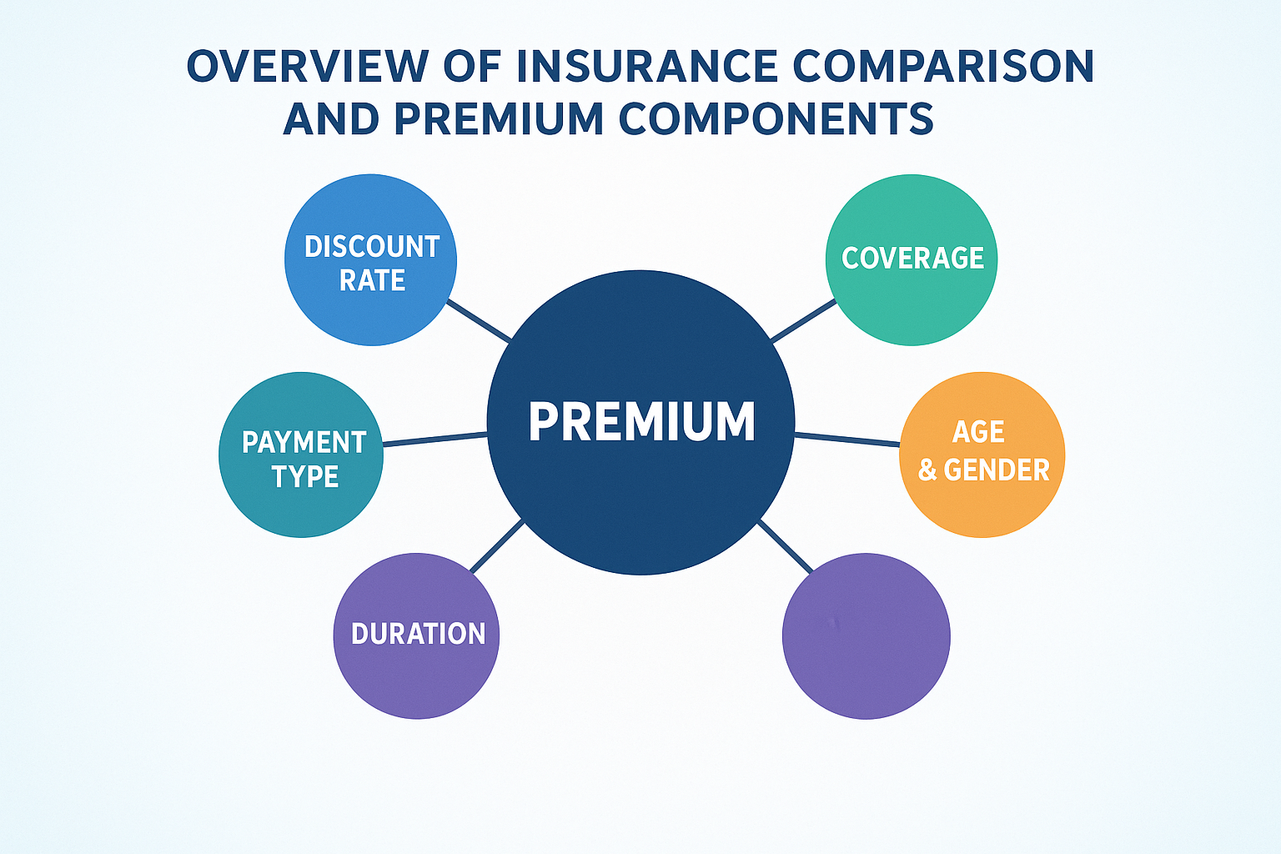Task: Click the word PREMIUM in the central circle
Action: pyautogui.click(x=641, y=421)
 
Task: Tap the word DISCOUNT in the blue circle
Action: pyautogui.click(x=372, y=247)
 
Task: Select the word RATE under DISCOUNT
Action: pyautogui.click(x=372, y=280)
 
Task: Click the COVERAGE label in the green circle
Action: pyautogui.click(x=912, y=258)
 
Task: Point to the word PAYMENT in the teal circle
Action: pyautogui.click(x=304, y=443)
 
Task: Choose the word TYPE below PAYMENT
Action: pyautogui.click(x=304, y=476)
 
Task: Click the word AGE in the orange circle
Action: pyautogui.click(x=978, y=432)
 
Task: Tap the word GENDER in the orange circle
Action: pyautogui.click(x=997, y=470)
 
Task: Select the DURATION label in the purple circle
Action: pyautogui.click(x=418, y=634)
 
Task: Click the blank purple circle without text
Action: pyautogui.click(x=866, y=636)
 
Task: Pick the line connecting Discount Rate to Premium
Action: pyautogui.click(x=479, y=321)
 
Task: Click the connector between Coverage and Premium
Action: pyautogui.click(x=803, y=321)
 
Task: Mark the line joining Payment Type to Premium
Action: pyautogui.click(x=435, y=440)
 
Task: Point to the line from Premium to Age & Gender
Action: pyautogui.click(x=847, y=440)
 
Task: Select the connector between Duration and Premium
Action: pyautogui.click(x=496, y=545)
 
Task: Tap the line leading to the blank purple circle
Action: pyautogui.click(x=785, y=547)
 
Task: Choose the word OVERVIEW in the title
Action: pyautogui.click(x=308, y=67)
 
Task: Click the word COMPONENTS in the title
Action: pyautogui.click(x=776, y=118)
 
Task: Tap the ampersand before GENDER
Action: pyautogui.click(x=927, y=470)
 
